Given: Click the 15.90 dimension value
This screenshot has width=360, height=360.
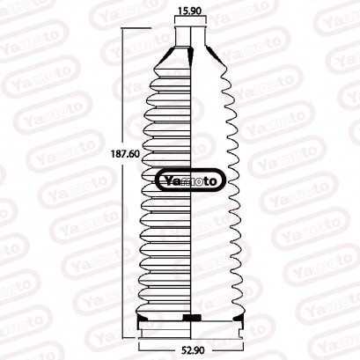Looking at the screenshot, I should pos(191,11).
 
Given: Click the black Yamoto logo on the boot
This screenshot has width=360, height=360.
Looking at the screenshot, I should pos(191,182).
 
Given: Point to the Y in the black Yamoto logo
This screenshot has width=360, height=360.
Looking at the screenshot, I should pos(167,182).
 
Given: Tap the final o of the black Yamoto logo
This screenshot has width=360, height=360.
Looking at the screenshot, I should pos(219,182).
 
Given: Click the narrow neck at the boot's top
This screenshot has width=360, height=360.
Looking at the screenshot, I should pos(191,35).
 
